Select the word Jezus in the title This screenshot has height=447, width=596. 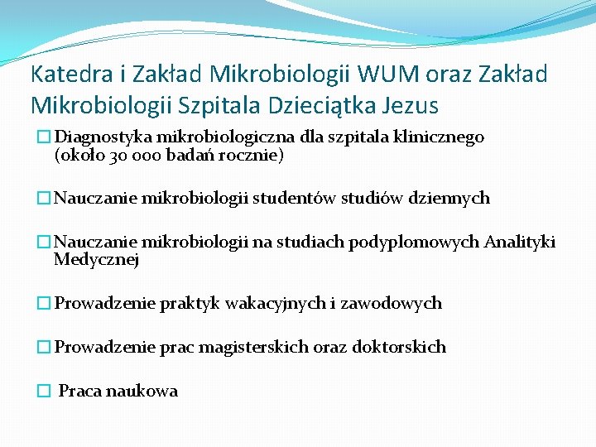(412, 106)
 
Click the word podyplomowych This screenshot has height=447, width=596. (414, 243)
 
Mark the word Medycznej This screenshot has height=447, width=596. (96, 260)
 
